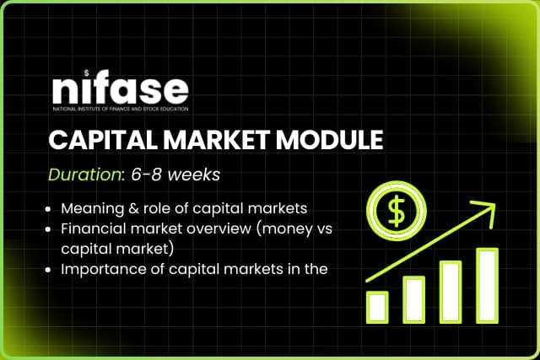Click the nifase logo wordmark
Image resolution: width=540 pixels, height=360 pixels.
coord(119,89)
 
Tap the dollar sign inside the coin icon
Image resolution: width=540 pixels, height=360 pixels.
coord(394,212)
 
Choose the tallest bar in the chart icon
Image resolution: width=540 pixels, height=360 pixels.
coord(487,283)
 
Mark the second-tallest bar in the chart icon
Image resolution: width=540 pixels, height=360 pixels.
coord(451,291)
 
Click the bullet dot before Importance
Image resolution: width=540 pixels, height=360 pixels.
coord(51,270)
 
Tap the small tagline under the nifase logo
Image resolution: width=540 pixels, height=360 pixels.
coord(119,108)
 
